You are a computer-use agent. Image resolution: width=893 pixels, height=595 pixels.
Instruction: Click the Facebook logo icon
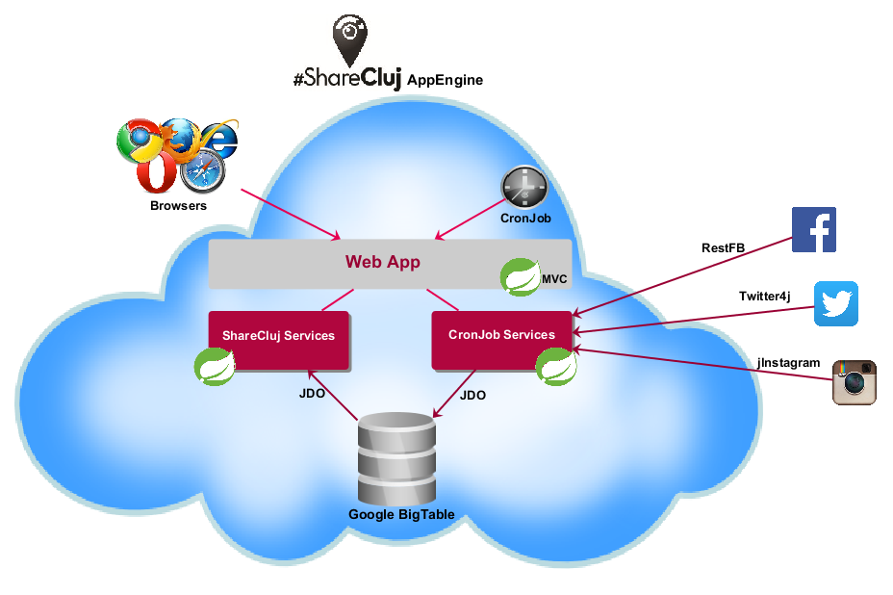click(x=813, y=229)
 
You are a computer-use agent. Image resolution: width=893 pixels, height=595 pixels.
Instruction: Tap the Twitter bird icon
click(x=835, y=304)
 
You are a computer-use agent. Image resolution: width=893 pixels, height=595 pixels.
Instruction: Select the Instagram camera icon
click(x=854, y=382)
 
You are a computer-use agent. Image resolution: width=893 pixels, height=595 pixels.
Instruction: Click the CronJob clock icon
click(x=523, y=187)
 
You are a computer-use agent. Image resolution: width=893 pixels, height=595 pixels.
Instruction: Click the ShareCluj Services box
click(x=278, y=336)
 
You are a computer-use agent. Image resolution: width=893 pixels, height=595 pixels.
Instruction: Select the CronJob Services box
click(x=501, y=335)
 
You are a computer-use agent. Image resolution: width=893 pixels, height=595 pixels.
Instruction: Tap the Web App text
click(x=383, y=262)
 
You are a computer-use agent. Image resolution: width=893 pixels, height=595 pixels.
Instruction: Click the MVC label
click(x=554, y=279)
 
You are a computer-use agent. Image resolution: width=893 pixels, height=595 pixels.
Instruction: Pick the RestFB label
click(x=723, y=247)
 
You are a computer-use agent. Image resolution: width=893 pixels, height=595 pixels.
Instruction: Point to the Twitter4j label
click(x=764, y=296)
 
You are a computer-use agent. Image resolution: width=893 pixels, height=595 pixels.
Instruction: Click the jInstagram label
click(x=788, y=363)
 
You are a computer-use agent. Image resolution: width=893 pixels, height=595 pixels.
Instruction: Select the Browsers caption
click(x=178, y=205)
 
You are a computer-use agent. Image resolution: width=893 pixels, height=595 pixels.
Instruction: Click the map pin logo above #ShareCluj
click(x=349, y=42)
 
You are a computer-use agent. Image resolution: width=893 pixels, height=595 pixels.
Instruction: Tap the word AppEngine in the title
click(x=445, y=80)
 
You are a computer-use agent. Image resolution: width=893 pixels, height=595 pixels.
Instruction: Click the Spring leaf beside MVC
click(x=520, y=277)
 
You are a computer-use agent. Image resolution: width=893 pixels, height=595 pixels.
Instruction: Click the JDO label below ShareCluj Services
click(x=312, y=395)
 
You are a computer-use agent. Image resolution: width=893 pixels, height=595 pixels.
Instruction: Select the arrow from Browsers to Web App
click(x=289, y=213)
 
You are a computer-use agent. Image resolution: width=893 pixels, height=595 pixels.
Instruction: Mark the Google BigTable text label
click(x=401, y=515)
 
